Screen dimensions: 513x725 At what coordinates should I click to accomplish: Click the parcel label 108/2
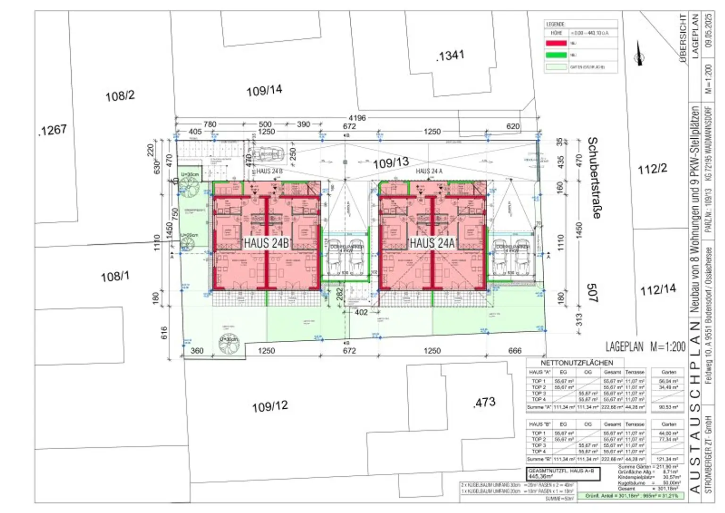pyautogui.click(x=120, y=96)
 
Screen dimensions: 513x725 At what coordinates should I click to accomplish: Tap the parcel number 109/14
pyautogui.click(x=264, y=90)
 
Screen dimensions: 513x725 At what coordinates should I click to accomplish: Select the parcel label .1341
pyautogui.click(x=450, y=56)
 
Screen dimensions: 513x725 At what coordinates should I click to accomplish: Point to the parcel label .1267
pyautogui.click(x=52, y=130)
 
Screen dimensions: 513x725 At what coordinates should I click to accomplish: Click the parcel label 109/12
pyautogui.click(x=270, y=406)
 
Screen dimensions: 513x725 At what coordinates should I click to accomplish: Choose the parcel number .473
pyautogui.click(x=484, y=402)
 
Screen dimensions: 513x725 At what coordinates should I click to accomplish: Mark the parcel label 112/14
pyautogui.click(x=658, y=289)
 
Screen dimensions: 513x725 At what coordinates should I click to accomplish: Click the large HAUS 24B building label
pyautogui.click(x=266, y=243)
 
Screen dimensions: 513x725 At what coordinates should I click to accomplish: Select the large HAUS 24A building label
pyautogui.click(x=432, y=243)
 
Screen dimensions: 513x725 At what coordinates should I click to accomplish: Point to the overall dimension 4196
pyautogui.click(x=357, y=118)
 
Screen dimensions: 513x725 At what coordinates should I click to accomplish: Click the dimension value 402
pyautogui.click(x=361, y=312)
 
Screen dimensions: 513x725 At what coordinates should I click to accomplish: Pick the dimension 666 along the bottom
pyautogui.click(x=514, y=351)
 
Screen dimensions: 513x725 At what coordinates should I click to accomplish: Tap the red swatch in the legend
pyautogui.click(x=556, y=43)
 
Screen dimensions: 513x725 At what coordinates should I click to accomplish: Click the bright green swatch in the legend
pyautogui.click(x=556, y=55)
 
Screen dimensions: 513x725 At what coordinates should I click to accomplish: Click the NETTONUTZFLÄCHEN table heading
pyautogui.click(x=577, y=362)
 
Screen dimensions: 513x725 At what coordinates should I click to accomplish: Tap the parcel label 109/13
pyautogui.click(x=391, y=163)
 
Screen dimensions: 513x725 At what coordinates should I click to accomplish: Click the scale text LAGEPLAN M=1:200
pyautogui.click(x=645, y=347)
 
